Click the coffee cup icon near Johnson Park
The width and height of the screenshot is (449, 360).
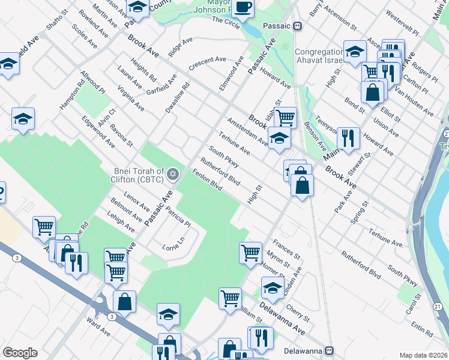(x=243, y=8)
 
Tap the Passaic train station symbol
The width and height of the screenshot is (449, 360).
(x=298, y=26)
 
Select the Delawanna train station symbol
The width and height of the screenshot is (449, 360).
(x=330, y=350)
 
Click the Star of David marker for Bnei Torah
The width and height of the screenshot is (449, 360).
(x=173, y=174)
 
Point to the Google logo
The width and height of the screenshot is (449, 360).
(x=20, y=353)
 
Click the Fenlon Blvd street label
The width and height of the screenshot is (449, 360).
(x=207, y=180)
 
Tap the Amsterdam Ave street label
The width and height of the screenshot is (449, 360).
(x=247, y=131)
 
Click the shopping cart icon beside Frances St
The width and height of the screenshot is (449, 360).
(x=250, y=252)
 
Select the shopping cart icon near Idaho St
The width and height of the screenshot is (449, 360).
(x=285, y=117)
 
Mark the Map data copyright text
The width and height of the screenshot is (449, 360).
(x=424, y=355)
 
